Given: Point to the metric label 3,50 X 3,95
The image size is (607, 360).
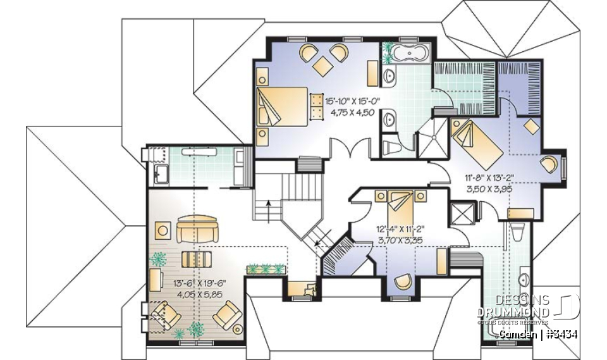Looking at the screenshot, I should point(488,189).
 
